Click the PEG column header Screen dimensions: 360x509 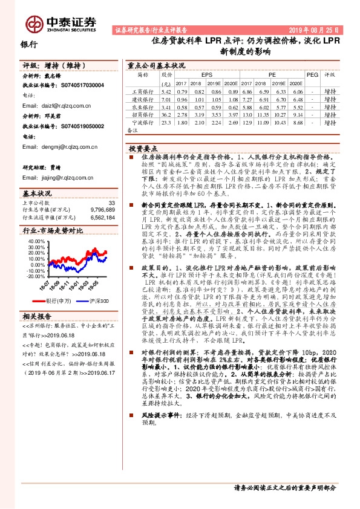click(312, 74)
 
